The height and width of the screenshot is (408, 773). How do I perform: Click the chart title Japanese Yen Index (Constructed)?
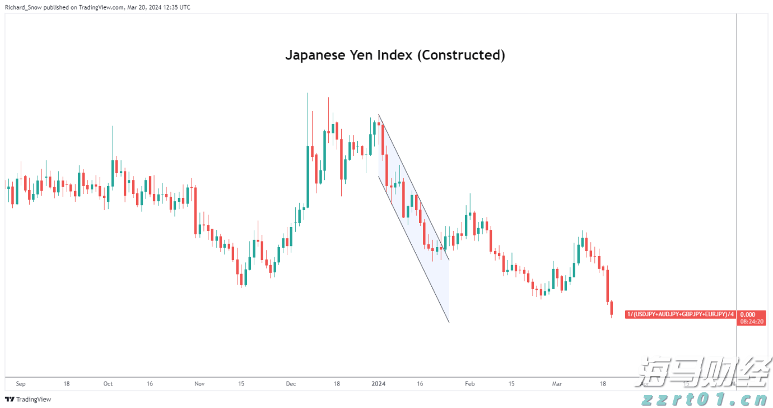point(395,55)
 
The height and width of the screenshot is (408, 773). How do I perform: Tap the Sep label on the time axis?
point(21,384)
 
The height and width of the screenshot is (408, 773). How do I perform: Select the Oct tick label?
point(108,384)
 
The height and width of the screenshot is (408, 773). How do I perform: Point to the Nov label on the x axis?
point(199,384)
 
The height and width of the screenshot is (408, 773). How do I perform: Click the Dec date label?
point(291,384)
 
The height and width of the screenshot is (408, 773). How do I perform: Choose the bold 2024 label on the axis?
point(379,384)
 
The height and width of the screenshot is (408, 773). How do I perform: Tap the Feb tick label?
point(469,384)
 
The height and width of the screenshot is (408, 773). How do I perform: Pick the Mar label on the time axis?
point(557,384)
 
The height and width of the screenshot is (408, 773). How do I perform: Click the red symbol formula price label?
point(680,314)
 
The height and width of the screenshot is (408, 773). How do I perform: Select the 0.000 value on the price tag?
point(747,314)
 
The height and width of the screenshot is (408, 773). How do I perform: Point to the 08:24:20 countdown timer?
point(751,322)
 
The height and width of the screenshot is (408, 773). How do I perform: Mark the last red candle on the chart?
point(612,308)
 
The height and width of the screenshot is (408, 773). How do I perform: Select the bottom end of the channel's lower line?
point(449,322)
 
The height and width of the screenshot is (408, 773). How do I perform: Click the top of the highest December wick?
point(308,93)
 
